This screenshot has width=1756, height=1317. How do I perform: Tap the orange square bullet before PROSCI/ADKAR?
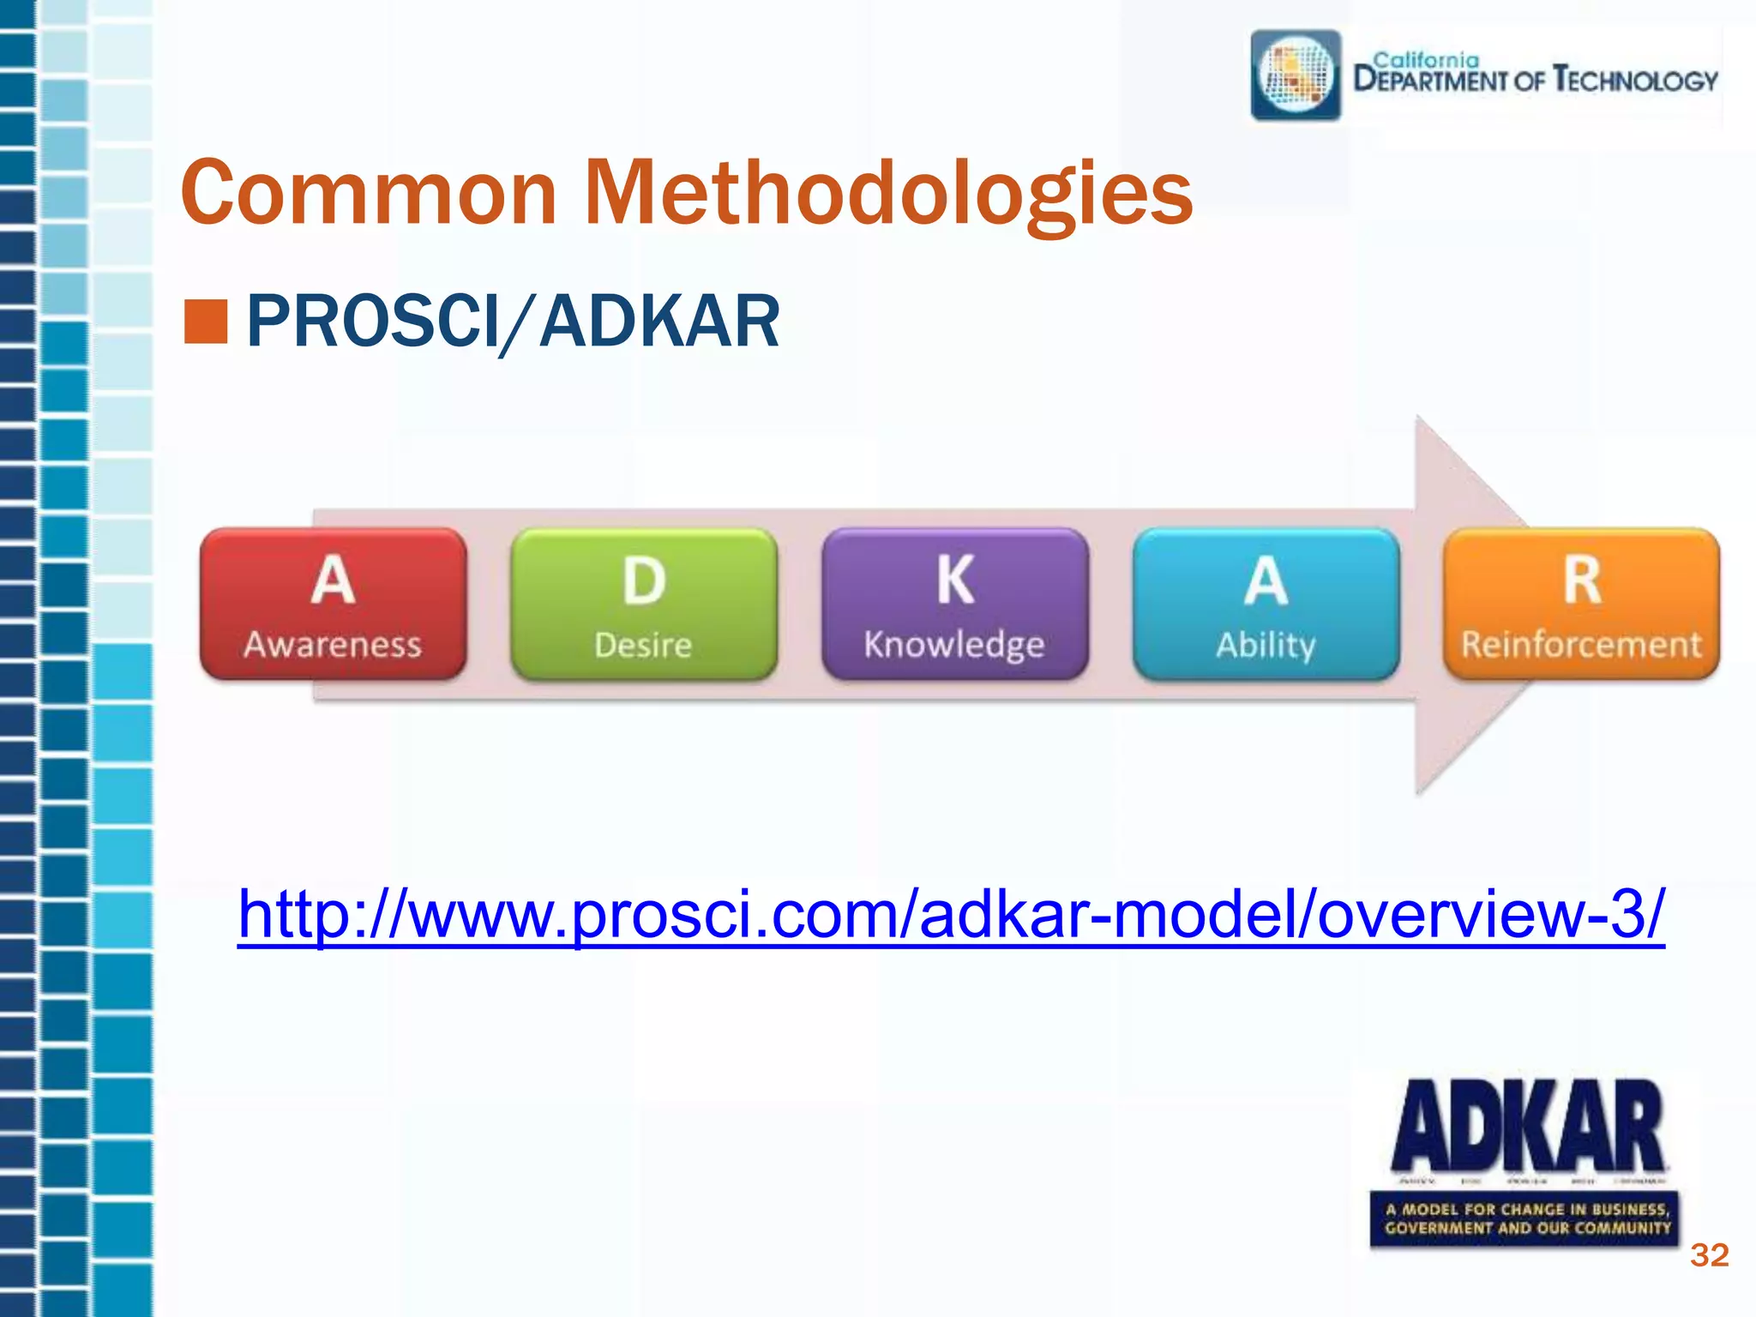tap(206, 322)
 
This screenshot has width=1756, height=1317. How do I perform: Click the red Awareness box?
tap(333, 604)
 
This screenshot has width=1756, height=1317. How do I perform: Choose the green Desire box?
tap(643, 604)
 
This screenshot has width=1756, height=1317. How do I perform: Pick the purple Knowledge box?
tap(954, 604)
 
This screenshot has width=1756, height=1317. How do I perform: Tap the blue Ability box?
tap(1266, 604)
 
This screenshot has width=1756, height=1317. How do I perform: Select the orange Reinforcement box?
tap(1581, 604)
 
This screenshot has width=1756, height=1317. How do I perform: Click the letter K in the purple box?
tap(954, 580)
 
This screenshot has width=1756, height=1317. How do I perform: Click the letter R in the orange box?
tap(1581, 580)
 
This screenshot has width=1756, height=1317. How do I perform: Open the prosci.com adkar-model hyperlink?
tap(950, 914)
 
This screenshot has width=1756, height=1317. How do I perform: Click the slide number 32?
tap(1708, 1255)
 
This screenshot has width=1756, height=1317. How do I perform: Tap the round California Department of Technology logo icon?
tap(1296, 75)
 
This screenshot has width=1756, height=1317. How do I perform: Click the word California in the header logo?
tap(1426, 60)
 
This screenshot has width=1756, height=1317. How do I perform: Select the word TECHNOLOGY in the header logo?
tap(1635, 81)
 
